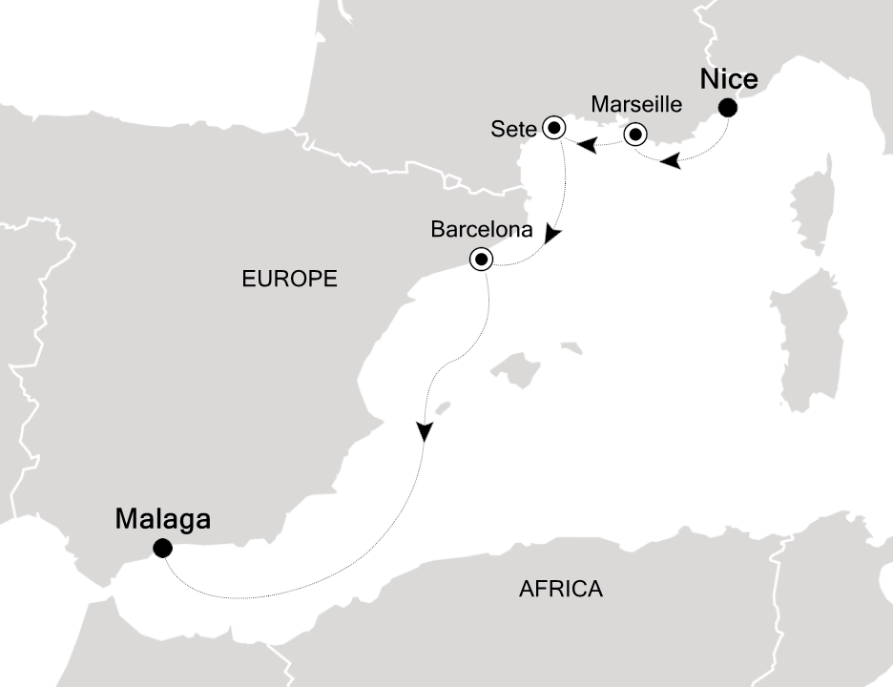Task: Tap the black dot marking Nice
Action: (727, 108)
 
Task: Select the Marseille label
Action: (636, 103)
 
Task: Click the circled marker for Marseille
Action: (634, 135)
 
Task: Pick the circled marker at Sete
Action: (554, 127)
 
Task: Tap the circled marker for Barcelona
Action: (481, 258)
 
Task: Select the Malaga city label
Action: (162, 520)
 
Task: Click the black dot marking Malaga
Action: (162, 548)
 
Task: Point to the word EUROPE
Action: (289, 279)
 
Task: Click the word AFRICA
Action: (561, 589)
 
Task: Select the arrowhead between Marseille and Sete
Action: (589, 145)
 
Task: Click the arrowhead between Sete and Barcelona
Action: (552, 235)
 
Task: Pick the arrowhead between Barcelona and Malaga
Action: (423, 432)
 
